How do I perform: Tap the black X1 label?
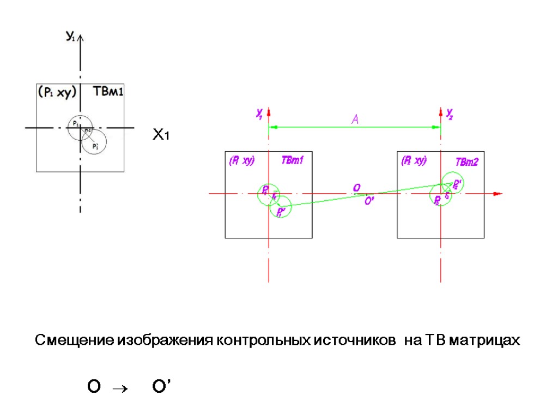coord(161,135)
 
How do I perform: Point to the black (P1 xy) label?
coord(56,92)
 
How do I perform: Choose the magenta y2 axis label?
coord(450,113)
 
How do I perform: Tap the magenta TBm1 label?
coord(292,160)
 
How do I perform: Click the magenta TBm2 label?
coord(466,162)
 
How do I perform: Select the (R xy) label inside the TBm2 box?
coord(414,161)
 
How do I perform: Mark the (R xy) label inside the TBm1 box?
coord(241,161)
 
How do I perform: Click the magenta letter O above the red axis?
coord(356,188)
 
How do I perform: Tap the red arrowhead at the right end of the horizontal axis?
coord(496,194)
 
